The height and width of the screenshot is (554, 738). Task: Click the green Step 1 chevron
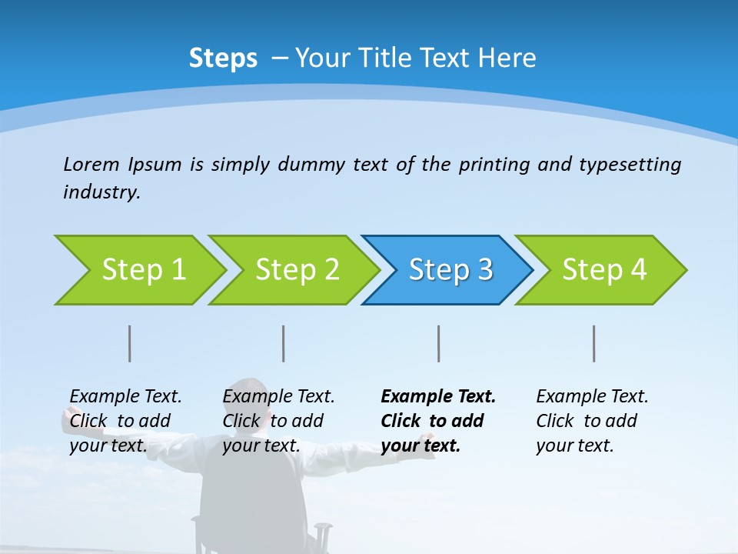click(142, 270)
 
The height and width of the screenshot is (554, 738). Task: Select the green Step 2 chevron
click(296, 270)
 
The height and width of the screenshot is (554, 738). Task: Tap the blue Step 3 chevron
click(450, 270)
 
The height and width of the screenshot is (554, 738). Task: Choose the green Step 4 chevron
click(603, 270)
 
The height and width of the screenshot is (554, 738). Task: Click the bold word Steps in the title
click(223, 58)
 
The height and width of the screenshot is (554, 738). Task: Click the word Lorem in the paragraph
click(91, 164)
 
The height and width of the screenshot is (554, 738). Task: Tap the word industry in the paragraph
click(101, 192)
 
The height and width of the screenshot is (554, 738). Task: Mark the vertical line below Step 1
click(130, 343)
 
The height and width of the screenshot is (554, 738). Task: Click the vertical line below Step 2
click(284, 343)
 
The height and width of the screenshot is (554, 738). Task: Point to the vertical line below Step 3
click(439, 343)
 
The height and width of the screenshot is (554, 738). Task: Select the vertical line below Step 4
click(594, 343)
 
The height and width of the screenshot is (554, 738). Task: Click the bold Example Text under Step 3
click(438, 397)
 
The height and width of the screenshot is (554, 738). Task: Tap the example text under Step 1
click(125, 421)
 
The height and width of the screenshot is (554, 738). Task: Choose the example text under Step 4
click(592, 421)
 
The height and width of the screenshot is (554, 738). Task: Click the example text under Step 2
click(278, 421)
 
